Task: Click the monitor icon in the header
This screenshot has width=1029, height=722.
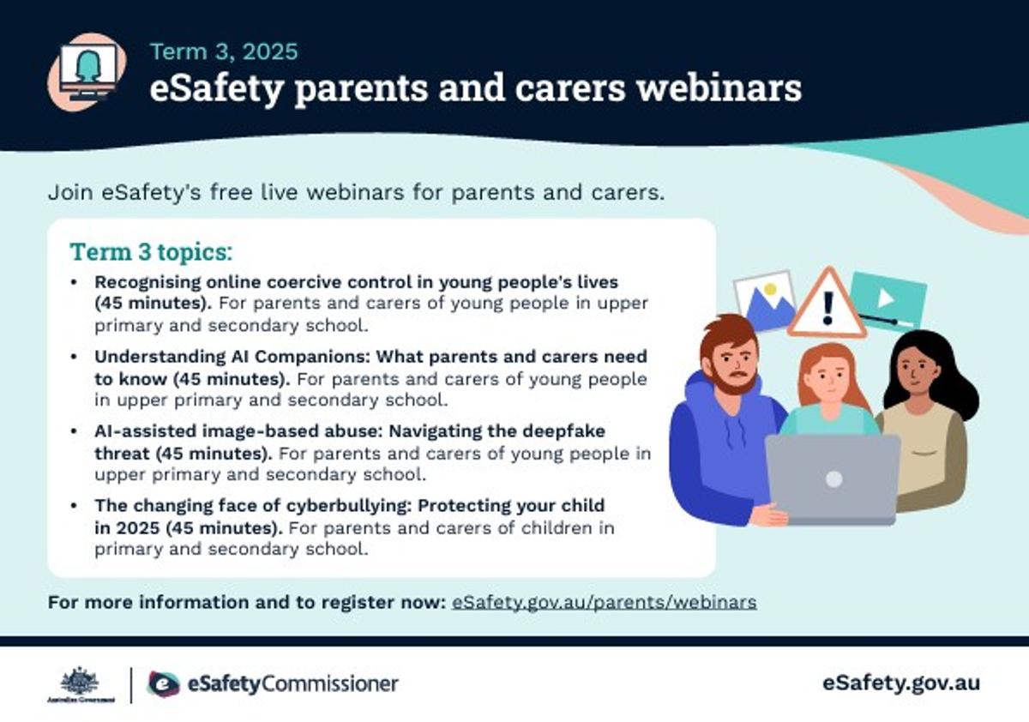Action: coord(87,72)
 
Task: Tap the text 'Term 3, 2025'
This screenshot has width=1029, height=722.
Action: coord(224,51)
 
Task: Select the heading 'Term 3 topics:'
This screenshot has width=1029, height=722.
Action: coord(151,252)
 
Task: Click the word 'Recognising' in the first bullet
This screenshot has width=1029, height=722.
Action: coord(147,282)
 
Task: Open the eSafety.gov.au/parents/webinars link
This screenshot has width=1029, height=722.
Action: coord(604,602)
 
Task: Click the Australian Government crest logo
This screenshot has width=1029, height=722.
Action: coord(81,684)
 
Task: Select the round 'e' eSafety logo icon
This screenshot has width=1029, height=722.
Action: coord(163,684)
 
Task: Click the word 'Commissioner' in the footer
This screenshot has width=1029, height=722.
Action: coord(329,684)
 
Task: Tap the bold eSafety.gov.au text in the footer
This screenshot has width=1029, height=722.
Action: coord(901,683)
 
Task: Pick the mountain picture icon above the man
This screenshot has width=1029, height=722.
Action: coord(764,300)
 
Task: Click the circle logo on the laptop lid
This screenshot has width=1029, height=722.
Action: coord(833,479)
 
